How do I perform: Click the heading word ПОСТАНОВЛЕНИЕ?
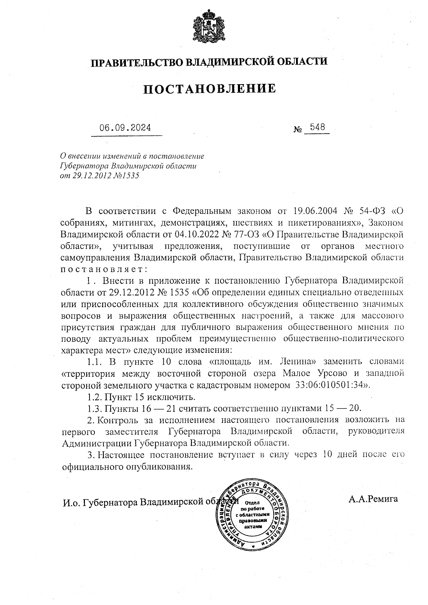click(x=210, y=88)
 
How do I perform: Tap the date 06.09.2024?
click(x=125, y=128)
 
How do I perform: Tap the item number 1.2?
click(x=94, y=397)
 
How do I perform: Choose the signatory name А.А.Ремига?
click(x=373, y=499)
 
